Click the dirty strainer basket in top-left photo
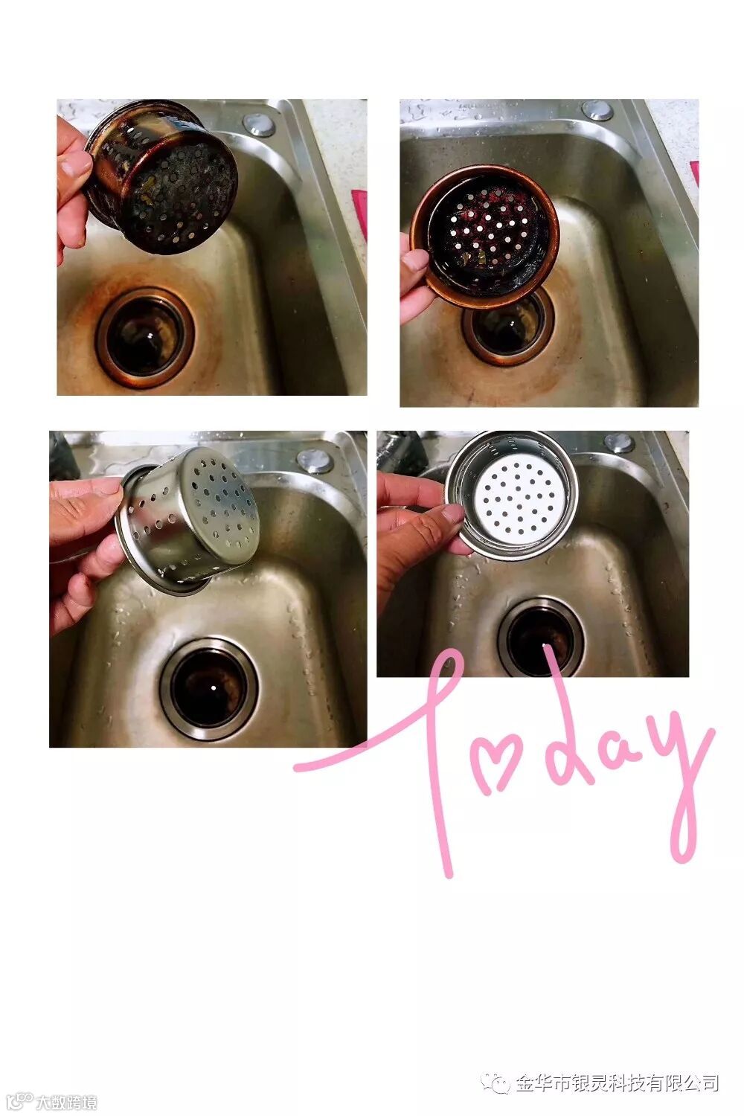[161, 177]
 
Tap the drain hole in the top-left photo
[145, 337]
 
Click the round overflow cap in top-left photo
[259, 124]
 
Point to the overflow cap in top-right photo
[597, 111]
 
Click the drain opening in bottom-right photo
[541, 638]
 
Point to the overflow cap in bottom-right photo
[619, 443]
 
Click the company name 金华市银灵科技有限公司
[617, 1079]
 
